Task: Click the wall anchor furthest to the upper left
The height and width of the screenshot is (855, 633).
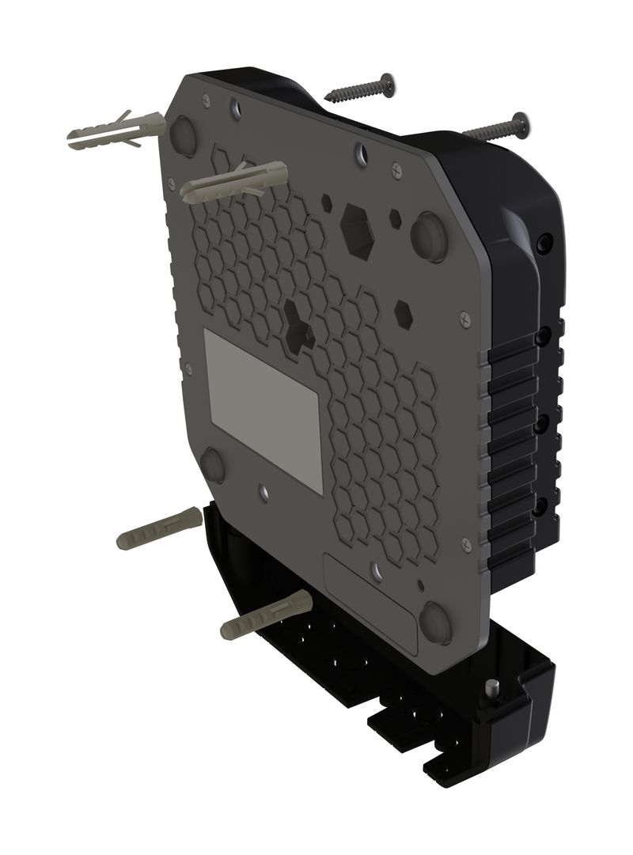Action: [x=111, y=133]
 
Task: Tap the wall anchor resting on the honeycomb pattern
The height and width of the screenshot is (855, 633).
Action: [x=233, y=180]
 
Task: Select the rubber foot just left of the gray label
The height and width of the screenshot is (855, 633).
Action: [x=212, y=465]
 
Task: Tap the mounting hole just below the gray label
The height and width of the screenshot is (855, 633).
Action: [x=264, y=492]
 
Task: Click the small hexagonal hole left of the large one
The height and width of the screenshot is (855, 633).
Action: [x=327, y=202]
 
